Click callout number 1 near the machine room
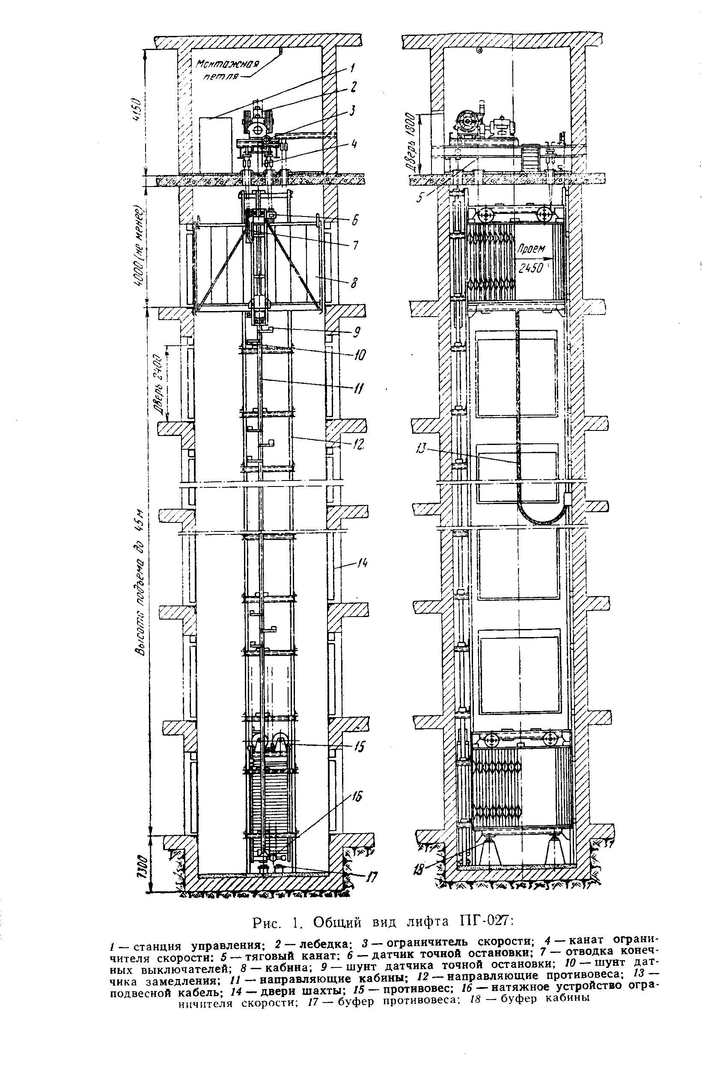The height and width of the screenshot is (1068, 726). [352, 68]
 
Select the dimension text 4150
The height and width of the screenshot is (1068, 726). [134, 108]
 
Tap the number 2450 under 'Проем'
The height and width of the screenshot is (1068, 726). [531, 267]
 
